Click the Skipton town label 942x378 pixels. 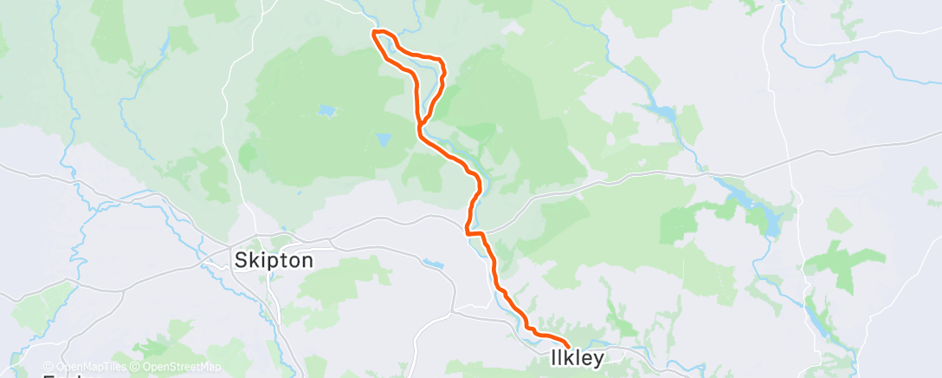point(274,259)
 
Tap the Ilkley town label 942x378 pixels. point(575,357)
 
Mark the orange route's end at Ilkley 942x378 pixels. point(567,346)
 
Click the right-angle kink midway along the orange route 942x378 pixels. point(468,232)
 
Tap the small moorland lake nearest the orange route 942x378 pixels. point(384,139)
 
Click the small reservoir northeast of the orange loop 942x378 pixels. point(661,112)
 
